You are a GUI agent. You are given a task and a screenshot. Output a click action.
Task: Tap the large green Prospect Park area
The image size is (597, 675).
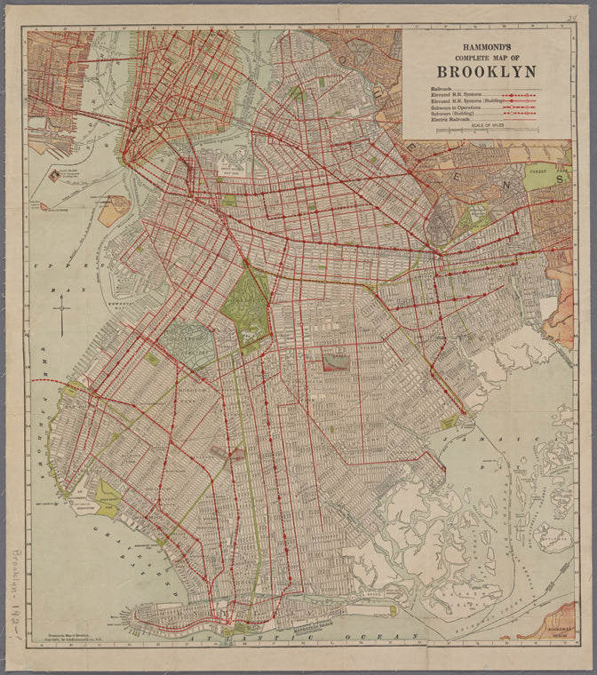point(246,307)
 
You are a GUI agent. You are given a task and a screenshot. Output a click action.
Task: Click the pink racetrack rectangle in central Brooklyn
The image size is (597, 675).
point(335,361)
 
